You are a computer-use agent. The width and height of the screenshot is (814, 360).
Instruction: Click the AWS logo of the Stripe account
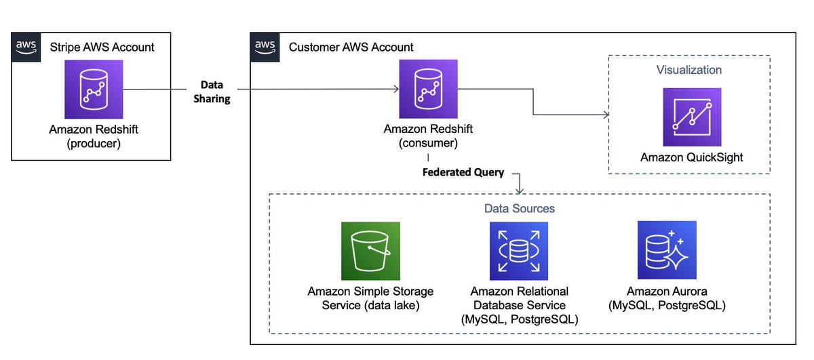pyautogui.click(x=26, y=46)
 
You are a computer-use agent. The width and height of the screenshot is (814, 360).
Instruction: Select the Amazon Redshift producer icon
pyautogui.click(x=94, y=89)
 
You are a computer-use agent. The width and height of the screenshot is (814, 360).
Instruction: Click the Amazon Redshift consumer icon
pyautogui.click(x=428, y=89)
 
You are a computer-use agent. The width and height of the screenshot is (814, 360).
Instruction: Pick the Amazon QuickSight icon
pyautogui.click(x=692, y=118)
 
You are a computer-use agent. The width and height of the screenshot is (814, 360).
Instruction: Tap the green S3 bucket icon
pyautogui.click(x=370, y=252)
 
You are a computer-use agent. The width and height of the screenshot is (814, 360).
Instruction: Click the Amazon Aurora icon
pyautogui.click(x=667, y=252)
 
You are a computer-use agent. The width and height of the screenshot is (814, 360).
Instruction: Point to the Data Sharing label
pyautogui.click(x=216, y=92)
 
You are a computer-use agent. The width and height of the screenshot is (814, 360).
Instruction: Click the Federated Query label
pyautogui.click(x=463, y=172)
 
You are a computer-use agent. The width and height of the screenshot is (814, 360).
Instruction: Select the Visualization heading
pyautogui.click(x=689, y=70)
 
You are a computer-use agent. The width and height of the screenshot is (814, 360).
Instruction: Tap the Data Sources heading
pyautogui.click(x=520, y=209)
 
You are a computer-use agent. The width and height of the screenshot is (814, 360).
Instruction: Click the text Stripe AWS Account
pyautogui.click(x=102, y=47)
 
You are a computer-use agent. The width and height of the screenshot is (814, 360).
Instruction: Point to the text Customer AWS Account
pyautogui.click(x=351, y=47)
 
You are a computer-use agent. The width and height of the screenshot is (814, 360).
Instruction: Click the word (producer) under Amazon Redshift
pyautogui.click(x=94, y=144)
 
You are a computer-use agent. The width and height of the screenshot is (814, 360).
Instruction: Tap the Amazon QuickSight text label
pyautogui.click(x=692, y=157)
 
